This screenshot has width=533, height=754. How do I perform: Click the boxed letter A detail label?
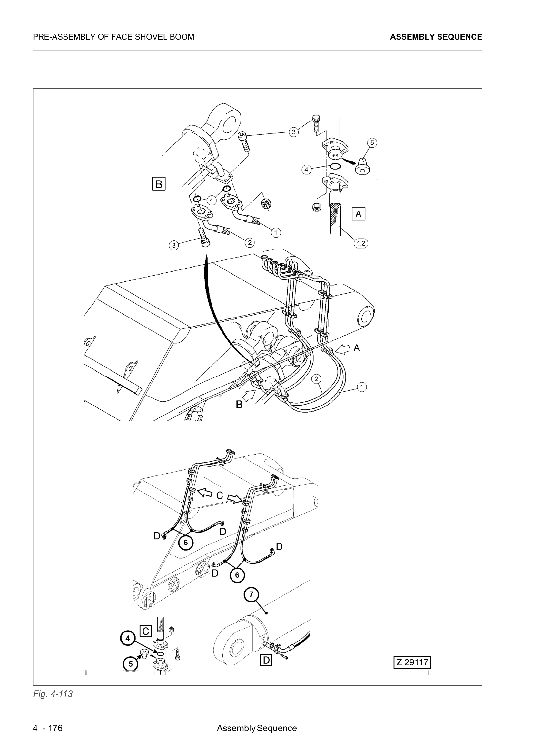pyautogui.click(x=358, y=214)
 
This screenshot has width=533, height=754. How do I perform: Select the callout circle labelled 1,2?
pyautogui.click(x=360, y=243)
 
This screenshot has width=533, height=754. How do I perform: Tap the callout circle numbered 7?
pyautogui.click(x=251, y=594)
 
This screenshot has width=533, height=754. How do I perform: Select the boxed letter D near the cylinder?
pyautogui.click(x=266, y=660)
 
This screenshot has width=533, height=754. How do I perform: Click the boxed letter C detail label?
pyautogui.click(x=145, y=631)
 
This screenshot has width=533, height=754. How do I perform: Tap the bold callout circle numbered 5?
pyautogui.click(x=130, y=664)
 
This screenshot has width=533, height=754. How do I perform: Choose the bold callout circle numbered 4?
pyautogui.click(x=128, y=638)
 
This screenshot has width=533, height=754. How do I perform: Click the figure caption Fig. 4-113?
pyautogui.click(x=53, y=694)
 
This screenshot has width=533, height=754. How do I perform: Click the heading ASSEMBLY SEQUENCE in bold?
pyautogui.click(x=436, y=37)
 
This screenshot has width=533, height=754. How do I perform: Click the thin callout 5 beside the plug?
pyautogui.click(x=372, y=142)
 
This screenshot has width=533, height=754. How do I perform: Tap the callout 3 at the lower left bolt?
pyautogui.click(x=174, y=245)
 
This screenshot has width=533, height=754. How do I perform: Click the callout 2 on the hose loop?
pyautogui.click(x=316, y=379)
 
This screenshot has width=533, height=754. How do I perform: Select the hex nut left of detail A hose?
pyautogui.click(x=317, y=207)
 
